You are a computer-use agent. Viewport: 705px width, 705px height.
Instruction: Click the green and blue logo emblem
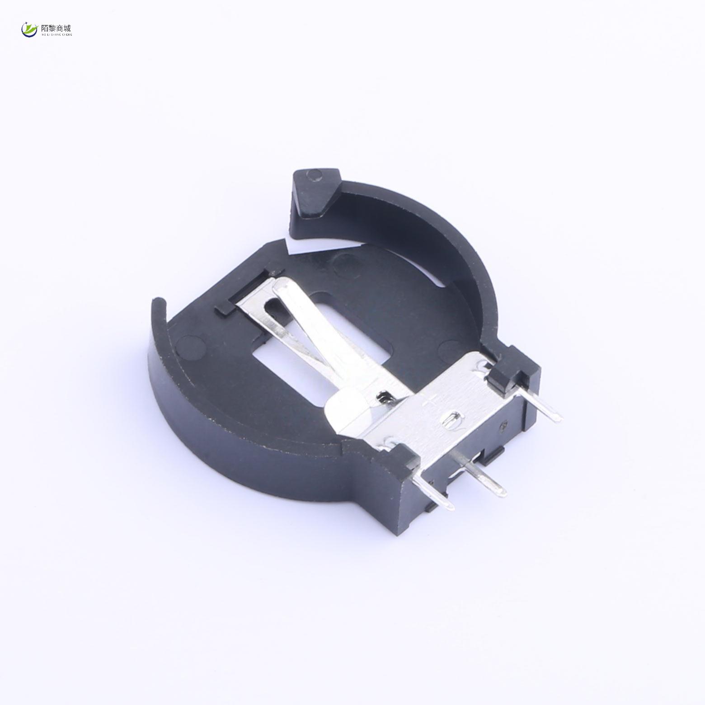point(29,30)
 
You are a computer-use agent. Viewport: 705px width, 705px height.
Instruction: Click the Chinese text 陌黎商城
point(56,28)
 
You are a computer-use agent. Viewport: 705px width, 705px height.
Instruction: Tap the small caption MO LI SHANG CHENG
point(56,34)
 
